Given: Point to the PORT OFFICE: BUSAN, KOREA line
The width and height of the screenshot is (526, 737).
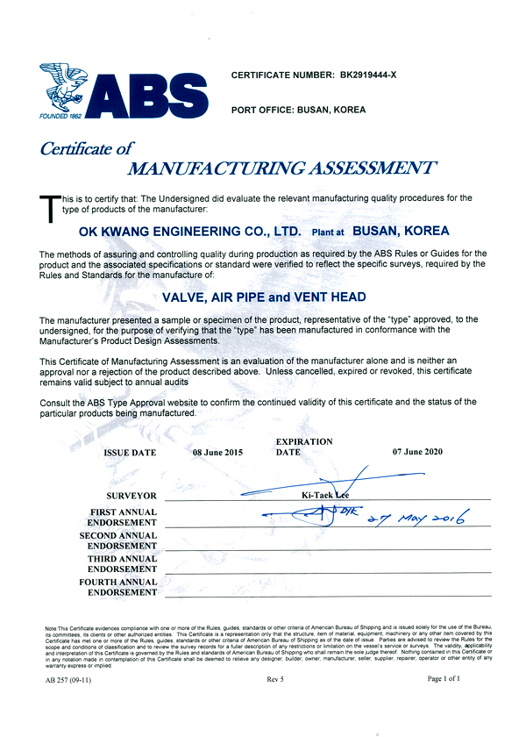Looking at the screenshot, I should click(298, 110).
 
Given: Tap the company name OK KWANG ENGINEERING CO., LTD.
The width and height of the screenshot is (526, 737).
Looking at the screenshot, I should click(188, 232).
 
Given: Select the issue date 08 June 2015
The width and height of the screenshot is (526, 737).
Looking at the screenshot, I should click(218, 453).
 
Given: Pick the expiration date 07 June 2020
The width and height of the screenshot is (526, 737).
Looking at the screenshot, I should click(418, 452).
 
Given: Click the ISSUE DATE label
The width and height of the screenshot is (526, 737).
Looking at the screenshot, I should click(130, 453).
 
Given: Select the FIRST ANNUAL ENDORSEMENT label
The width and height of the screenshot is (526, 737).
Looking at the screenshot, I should click(123, 517).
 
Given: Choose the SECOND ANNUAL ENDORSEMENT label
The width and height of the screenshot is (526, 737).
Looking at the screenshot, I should click(118, 540).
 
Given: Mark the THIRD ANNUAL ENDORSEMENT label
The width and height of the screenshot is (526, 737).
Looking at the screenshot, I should click(121, 564).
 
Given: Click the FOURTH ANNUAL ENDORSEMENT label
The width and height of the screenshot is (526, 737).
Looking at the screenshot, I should click(118, 587).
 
